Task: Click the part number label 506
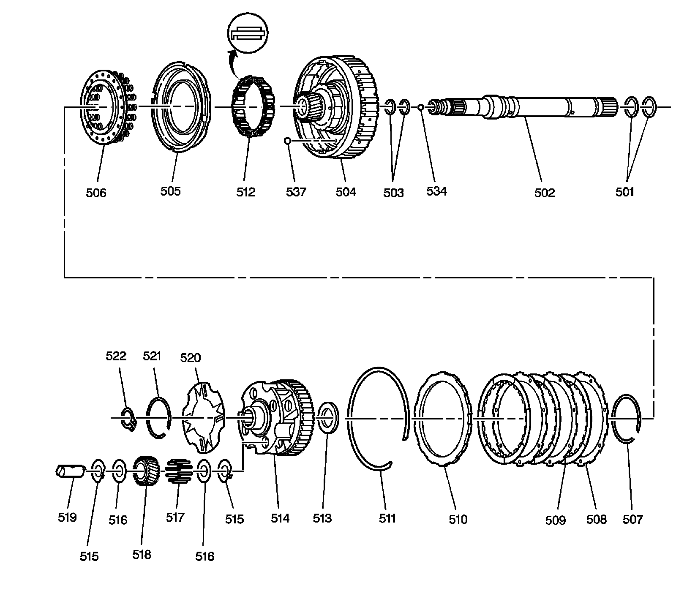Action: point(96,193)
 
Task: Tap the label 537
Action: point(296,192)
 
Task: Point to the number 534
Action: point(436,191)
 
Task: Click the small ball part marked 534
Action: point(421,107)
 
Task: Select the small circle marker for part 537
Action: point(287,140)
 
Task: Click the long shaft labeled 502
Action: point(528,108)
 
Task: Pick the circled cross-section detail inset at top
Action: point(248,34)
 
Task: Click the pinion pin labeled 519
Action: point(69,470)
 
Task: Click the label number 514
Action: point(280,518)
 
